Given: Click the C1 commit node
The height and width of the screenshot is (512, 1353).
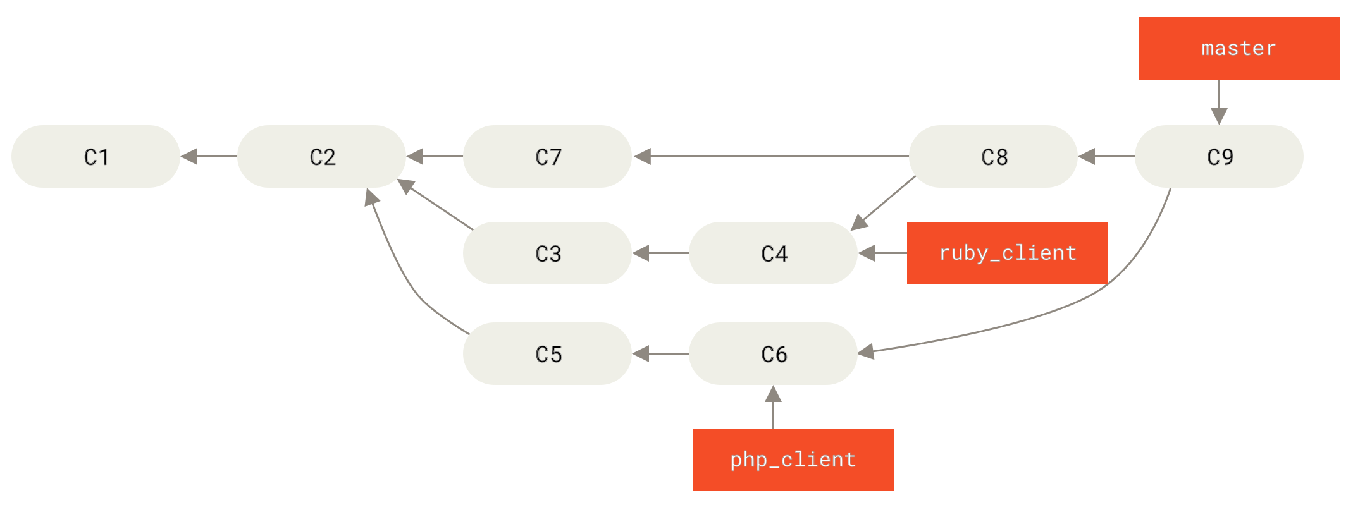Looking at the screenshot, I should (x=96, y=156).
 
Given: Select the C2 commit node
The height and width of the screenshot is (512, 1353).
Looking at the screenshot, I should (x=321, y=156).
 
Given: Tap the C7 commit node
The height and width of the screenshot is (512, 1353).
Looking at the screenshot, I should (x=547, y=156).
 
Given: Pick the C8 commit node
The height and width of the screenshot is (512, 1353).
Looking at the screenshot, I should (x=993, y=156).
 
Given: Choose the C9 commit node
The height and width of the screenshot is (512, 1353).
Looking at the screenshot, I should (x=1219, y=156).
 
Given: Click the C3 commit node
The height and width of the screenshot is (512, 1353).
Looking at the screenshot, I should (x=547, y=253).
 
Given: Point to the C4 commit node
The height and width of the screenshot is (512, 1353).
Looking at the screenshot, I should (x=773, y=253).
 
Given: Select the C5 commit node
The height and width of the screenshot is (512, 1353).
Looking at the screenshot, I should (x=547, y=353).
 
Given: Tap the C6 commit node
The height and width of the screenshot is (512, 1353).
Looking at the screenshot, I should (x=773, y=353).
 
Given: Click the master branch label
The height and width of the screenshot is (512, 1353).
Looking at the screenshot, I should (x=1239, y=48).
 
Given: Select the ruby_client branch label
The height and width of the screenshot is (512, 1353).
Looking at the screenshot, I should (x=1007, y=253).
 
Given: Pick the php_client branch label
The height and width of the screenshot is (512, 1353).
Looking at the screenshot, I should (x=793, y=460).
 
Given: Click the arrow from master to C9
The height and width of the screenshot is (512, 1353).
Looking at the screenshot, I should (x=1219, y=101).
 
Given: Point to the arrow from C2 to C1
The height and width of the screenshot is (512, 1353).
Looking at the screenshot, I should (x=209, y=156).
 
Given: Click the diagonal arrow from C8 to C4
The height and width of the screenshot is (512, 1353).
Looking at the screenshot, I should (x=884, y=203).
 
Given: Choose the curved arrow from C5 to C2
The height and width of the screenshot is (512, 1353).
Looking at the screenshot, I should (x=405, y=278).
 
